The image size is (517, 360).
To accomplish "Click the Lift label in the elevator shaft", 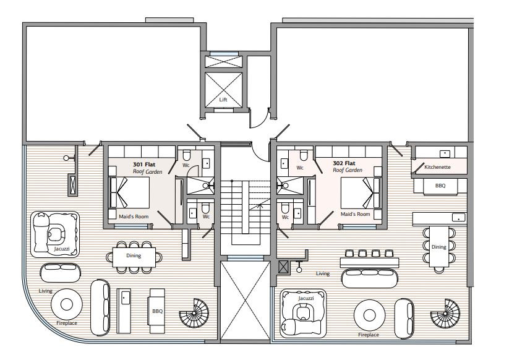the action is pyautogui.click(x=223, y=100).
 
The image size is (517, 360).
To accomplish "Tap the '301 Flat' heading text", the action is pyautogui.click(x=144, y=165).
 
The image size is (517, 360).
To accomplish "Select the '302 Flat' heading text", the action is pyautogui.click(x=344, y=163).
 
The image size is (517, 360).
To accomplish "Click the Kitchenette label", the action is pyautogui.click(x=437, y=167).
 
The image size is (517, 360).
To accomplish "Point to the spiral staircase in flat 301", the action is pyautogui.click(x=194, y=313).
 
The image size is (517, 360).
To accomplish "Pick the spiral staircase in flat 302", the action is pyautogui.click(x=445, y=314).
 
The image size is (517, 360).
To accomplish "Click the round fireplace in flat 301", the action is pyautogui.click(x=67, y=304).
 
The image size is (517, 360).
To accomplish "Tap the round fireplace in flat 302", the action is pyautogui.click(x=369, y=315).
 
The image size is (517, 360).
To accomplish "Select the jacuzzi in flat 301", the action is pyautogui.click(x=55, y=234).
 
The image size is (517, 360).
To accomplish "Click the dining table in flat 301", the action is pyautogui.click(x=134, y=257).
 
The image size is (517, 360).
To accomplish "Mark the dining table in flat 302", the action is pyautogui.click(x=439, y=247).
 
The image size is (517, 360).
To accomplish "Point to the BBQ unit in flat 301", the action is pyautogui.click(x=156, y=311).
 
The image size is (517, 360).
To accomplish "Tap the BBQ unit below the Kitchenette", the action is pyautogui.click(x=440, y=186).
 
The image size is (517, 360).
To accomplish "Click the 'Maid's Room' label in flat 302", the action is pyautogui.click(x=355, y=214).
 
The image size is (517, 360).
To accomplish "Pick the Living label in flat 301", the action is pyautogui.click(x=46, y=291).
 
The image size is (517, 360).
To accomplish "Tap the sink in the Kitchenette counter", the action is pyautogui.click(x=445, y=153).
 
